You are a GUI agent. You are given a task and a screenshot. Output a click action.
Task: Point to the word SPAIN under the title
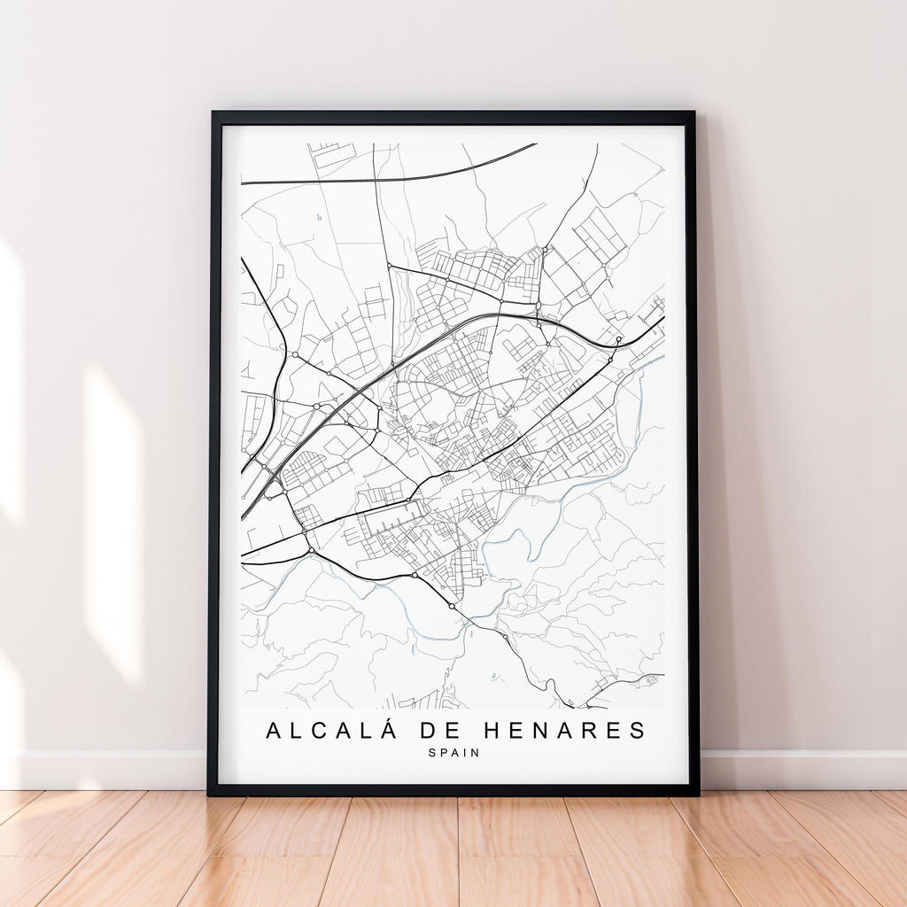[x=453, y=753]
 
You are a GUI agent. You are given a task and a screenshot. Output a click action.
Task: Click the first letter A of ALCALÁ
[x=275, y=731]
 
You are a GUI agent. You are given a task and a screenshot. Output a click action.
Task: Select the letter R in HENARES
[x=588, y=731]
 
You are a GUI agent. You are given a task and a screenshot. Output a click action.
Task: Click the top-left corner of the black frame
[x=213, y=113]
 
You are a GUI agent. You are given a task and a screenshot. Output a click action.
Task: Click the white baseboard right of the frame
[x=802, y=770]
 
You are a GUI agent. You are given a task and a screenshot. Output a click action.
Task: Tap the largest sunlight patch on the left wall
[x=112, y=523]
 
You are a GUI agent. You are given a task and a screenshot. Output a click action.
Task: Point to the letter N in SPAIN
[x=476, y=753]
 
